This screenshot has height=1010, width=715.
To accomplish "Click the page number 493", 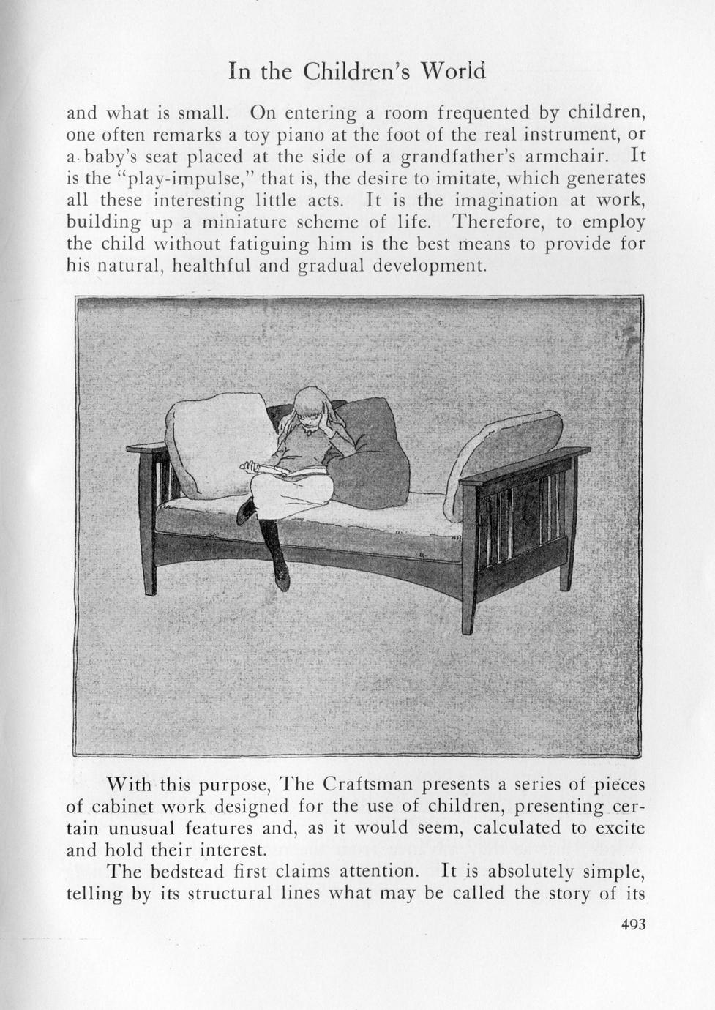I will [633, 924].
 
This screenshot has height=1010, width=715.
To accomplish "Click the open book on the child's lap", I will [282, 469].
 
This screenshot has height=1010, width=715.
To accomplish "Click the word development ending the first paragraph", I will [428, 265].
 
